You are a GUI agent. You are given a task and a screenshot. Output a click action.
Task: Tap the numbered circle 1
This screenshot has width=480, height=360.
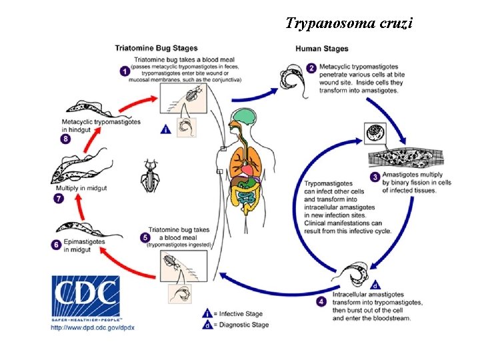(123, 70)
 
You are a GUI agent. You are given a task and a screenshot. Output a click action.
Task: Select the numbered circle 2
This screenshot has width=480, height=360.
(311, 68)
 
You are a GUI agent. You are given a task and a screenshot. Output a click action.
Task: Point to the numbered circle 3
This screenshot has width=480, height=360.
(375, 177)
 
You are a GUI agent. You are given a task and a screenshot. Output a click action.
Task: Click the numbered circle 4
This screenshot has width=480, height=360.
(321, 301)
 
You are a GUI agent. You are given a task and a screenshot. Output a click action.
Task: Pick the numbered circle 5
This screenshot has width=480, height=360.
(145, 237)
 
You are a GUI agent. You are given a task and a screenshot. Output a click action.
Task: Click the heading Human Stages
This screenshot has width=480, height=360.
(321, 49)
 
